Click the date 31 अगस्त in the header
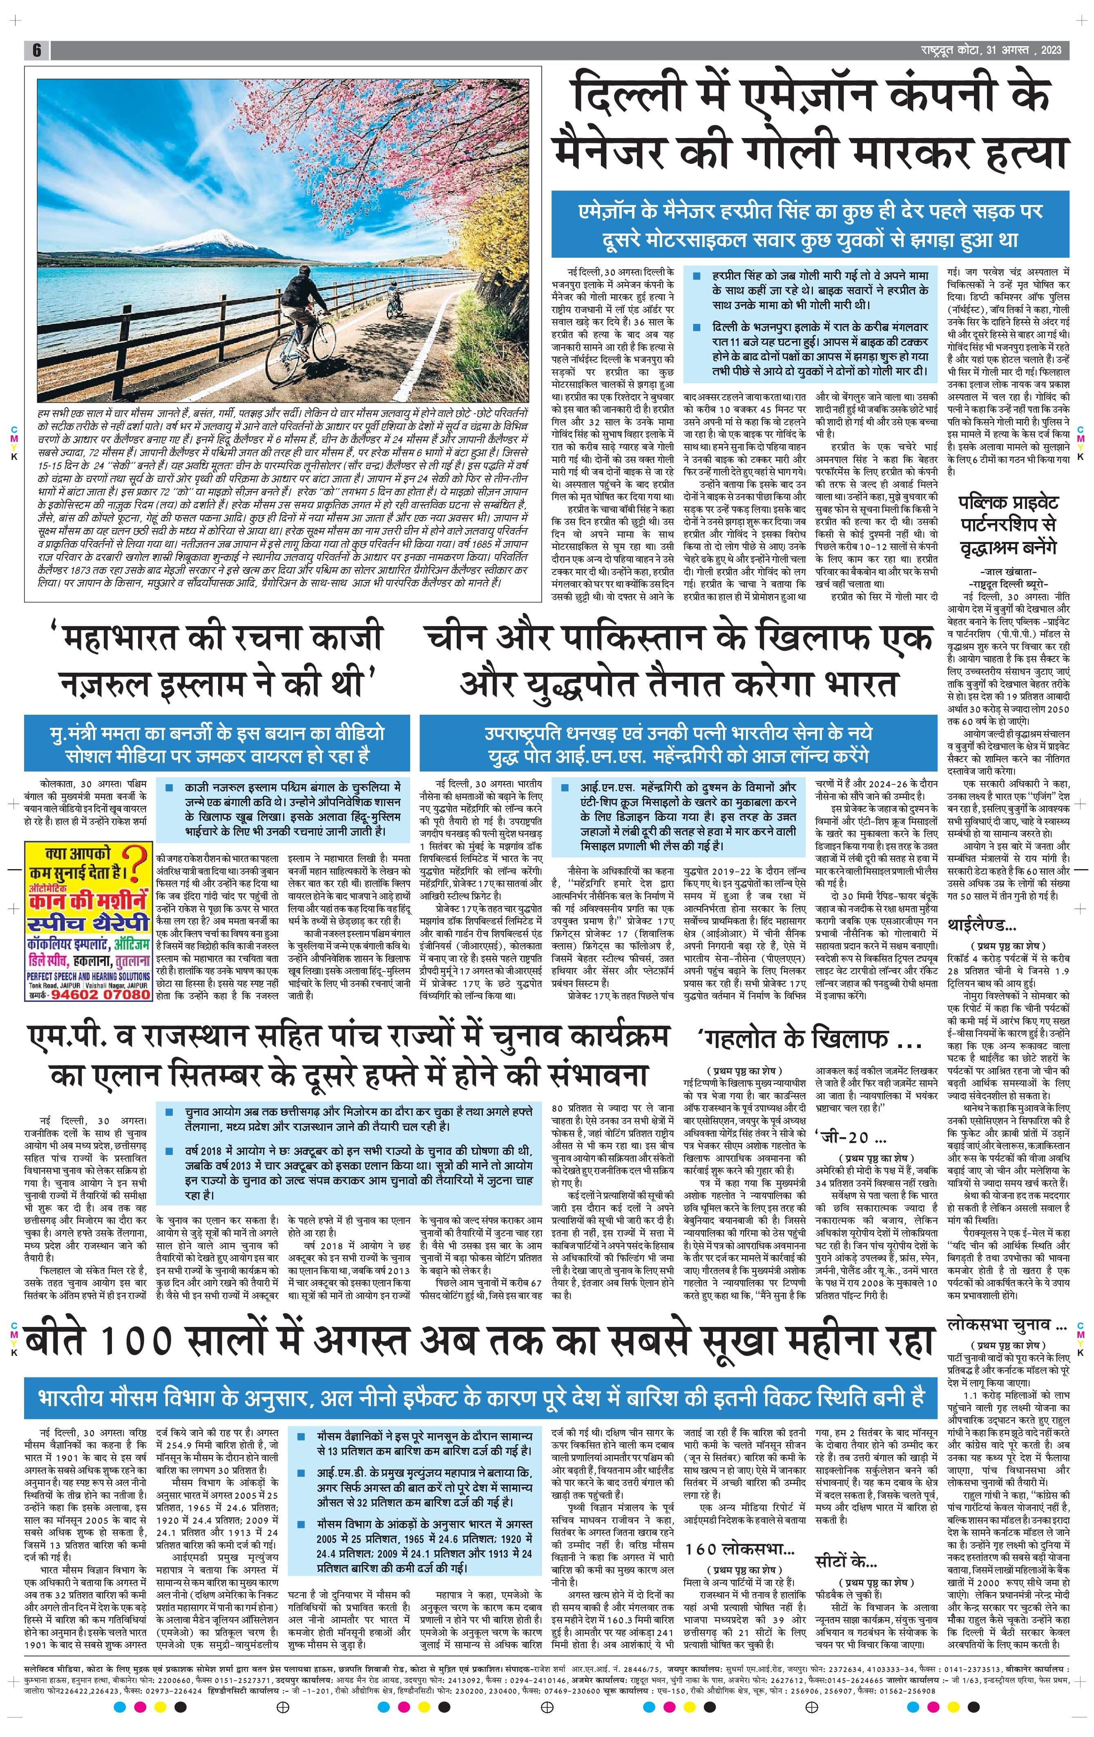coord(1014,50)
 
